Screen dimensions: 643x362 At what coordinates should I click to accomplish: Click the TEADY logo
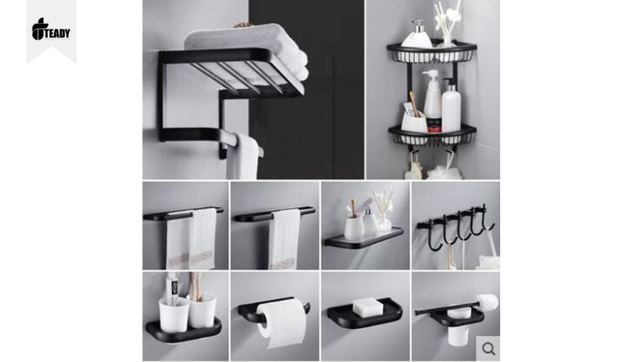[51, 29]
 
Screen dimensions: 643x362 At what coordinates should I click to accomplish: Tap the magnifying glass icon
[488, 349]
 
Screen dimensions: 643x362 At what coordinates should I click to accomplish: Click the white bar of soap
[368, 307]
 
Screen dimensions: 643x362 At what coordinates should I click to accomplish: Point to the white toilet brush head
[488, 302]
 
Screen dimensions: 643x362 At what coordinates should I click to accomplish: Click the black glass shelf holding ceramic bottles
[364, 238]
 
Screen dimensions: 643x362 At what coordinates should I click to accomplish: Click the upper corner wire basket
[431, 52]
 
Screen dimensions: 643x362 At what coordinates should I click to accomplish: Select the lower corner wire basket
[432, 136]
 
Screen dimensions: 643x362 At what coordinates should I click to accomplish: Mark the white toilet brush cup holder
[459, 326]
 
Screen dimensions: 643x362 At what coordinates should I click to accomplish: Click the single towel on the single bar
[285, 240]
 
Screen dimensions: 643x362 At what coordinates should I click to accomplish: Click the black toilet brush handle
[447, 308]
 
